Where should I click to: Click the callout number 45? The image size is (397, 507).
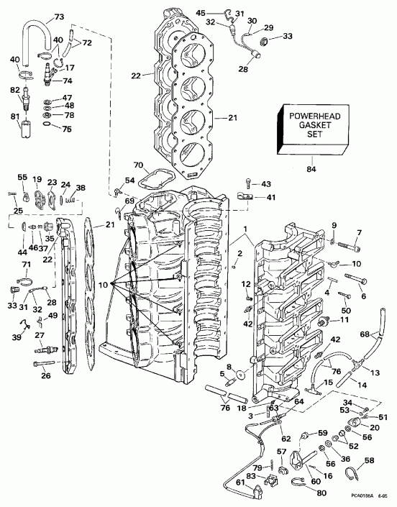(x=221, y=12)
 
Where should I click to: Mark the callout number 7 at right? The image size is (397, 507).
(x=360, y=232)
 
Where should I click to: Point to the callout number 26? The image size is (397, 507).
(x=47, y=375)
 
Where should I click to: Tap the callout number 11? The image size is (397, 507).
(x=344, y=319)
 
